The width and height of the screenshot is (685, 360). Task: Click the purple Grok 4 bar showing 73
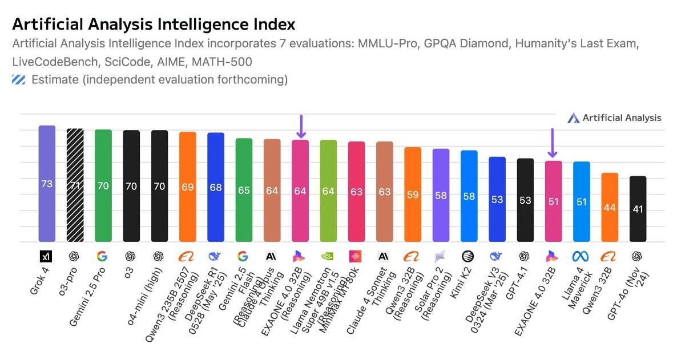[x=47, y=184]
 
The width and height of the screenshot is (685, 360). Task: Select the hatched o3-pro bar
[x=75, y=185]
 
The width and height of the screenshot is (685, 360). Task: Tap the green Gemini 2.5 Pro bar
[x=103, y=185]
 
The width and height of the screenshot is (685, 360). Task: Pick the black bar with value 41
[x=638, y=209]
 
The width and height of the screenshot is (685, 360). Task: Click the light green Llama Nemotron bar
[x=328, y=191]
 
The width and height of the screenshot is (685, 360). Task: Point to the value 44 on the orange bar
[x=610, y=207]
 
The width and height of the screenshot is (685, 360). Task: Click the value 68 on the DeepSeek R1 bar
[x=215, y=187]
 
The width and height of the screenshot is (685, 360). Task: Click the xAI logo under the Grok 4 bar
[x=46, y=256]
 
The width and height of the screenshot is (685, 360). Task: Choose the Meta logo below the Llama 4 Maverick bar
[x=581, y=256]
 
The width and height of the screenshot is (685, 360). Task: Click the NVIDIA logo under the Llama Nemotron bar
[x=328, y=256]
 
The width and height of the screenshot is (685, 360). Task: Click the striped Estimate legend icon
[x=18, y=80]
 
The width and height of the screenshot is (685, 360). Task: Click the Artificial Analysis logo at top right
[x=614, y=118]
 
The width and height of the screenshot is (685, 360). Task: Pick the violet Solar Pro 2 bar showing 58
[x=441, y=195]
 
